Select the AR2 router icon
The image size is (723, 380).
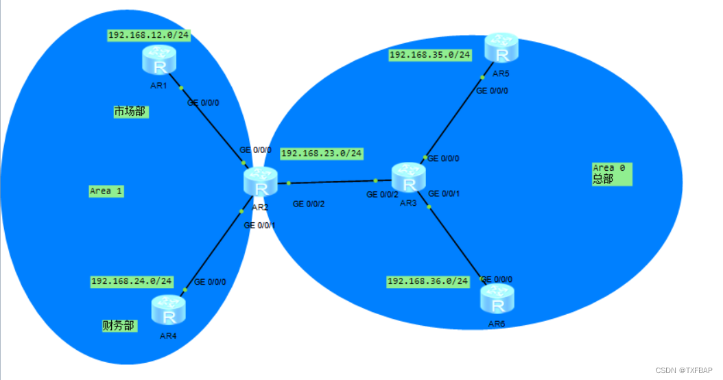point(260,182)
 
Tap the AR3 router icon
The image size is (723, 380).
point(409,177)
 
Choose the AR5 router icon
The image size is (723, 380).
point(501,48)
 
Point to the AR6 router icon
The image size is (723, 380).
point(497,299)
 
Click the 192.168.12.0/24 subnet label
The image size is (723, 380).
point(148,35)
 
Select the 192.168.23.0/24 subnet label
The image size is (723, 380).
point(321,154)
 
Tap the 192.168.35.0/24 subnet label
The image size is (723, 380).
point(430,55)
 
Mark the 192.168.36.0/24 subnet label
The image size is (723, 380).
point(428,281)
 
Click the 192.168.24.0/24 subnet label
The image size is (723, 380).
point(132,281)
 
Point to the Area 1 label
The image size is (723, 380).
point(106,191)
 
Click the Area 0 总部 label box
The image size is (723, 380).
point(611,174)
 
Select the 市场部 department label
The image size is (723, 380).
point(130,111)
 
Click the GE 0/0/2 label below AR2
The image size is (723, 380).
point(309,204)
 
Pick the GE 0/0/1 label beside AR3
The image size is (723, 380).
point(444,194)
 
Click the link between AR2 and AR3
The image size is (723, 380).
point(333,182)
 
